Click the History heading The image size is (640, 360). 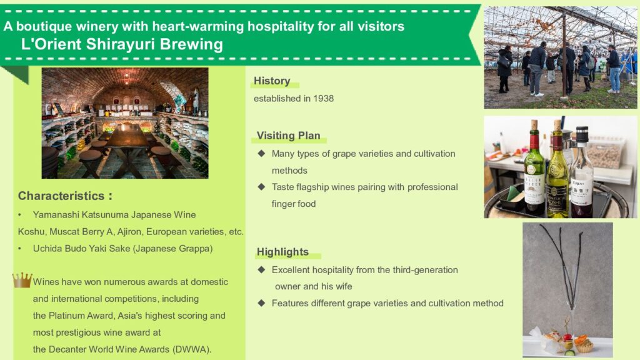pos(272,81)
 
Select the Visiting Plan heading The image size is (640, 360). pos(288,136)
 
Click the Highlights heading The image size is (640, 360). pos(282,252)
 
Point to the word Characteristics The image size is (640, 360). pos(61,196)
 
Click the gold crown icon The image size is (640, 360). pos(22,280)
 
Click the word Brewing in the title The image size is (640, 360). pos(191,44)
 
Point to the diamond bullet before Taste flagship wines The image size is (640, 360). pos(262,187)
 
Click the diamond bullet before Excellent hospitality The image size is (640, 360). pos(262,270)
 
